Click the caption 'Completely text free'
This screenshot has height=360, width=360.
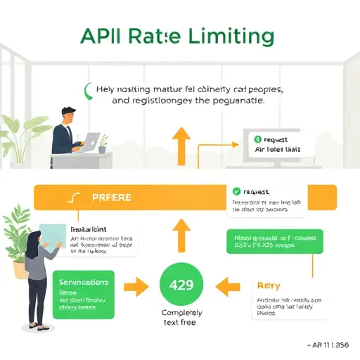click(180, 317)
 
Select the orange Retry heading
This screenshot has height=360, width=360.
click(269, 286)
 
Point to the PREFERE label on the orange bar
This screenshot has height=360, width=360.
click(111, 198)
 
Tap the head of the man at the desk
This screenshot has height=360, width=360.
click(68, 115)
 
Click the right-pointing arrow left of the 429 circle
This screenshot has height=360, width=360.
click(136, 286)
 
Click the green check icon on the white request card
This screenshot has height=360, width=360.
click(237, 191)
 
